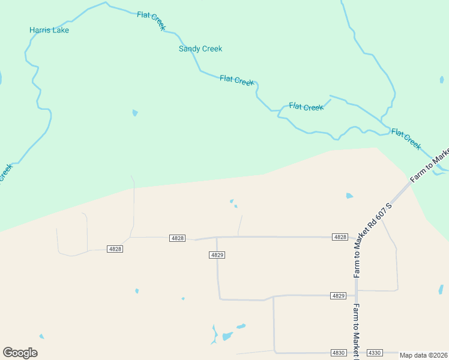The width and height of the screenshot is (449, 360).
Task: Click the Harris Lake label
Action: (x=49, y=30)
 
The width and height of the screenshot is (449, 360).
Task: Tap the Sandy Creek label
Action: (x=200, y=49)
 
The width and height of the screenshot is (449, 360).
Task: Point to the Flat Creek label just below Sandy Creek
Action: (x=237, y=80)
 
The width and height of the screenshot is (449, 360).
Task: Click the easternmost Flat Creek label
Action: (x=406, y=139)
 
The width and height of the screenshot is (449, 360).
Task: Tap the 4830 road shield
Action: (x=339, y=353)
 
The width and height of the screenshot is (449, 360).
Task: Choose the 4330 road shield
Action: (x=375, y=353)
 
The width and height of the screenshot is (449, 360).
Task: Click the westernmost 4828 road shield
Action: (x=115, y=248)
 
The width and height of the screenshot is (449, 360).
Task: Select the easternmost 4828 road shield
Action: (x=340, y=237)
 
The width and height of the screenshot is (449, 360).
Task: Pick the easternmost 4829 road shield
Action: (x=339, y=296)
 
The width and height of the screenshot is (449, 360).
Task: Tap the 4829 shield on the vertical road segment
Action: (x=217, y=255)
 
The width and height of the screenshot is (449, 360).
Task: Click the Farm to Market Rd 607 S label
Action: (x=373, y=240)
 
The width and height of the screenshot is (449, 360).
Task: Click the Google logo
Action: (x=20, y=353)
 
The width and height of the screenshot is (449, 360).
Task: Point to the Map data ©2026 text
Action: (x=424, y=355)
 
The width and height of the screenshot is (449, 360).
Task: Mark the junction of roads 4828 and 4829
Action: (x=217, y=238)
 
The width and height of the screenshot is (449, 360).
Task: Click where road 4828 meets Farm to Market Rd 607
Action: (x=356, y=238)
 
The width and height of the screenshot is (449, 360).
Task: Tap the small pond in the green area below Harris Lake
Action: (x=135, y=112)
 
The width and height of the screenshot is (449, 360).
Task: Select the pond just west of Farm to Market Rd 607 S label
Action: (x=349, y=196)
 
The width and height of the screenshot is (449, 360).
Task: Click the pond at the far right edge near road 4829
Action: (x=441, y=289)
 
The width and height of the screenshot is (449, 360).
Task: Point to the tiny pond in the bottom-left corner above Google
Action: (x=41, y=337)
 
